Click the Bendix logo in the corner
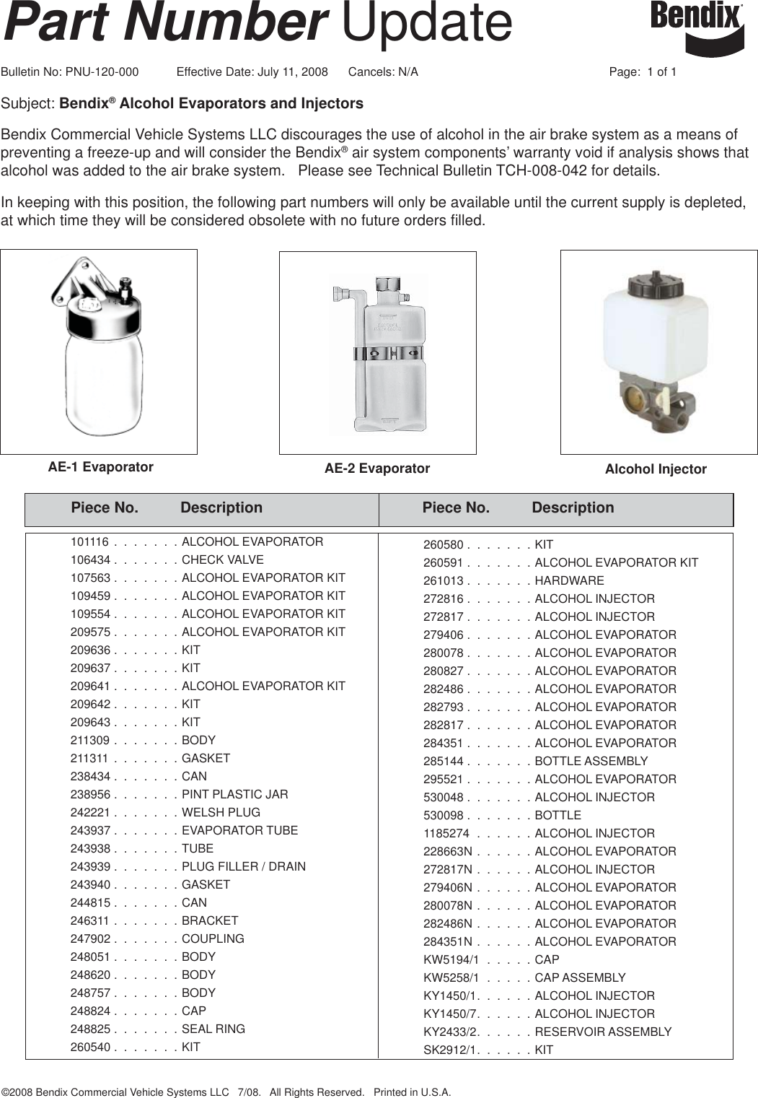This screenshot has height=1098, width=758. coord(697,27)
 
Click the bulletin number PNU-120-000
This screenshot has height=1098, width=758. coord(102,72)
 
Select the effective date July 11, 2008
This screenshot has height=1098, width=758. coord(292,72)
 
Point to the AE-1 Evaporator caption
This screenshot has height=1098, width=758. coord(100,467)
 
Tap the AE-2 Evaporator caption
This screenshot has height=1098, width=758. coord(376,469)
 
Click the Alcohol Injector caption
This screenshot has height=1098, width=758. coord(655,469)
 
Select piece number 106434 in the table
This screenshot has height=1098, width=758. coord(90,559)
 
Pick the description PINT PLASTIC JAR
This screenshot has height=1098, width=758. coord(234,794)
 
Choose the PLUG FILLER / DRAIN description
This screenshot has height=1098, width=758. coord(243,866)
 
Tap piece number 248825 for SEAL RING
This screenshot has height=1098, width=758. coord(90,1029)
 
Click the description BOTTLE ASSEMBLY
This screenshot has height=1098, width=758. coord(591,761)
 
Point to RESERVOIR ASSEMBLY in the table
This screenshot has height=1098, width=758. coord(602,1032)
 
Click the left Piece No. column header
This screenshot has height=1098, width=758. coord(105,507)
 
